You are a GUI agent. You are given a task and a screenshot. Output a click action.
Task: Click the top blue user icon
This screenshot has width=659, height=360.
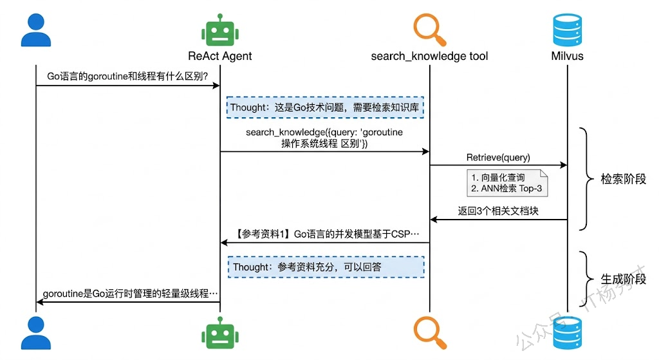35,30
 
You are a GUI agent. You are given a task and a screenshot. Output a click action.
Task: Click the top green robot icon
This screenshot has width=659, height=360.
219,31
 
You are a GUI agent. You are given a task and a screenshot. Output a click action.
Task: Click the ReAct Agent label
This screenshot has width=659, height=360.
219,56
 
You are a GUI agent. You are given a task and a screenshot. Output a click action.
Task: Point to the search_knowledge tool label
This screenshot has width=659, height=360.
429,56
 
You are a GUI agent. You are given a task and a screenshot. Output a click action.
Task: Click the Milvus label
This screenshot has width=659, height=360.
567,56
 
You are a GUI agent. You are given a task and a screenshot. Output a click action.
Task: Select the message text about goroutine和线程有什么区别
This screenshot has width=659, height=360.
127,76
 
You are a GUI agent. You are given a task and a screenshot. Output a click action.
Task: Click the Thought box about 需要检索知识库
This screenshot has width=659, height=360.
325,107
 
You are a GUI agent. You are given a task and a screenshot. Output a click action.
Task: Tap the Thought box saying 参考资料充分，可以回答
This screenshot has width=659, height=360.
325,267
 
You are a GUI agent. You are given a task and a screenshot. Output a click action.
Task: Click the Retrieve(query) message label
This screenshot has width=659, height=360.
497,157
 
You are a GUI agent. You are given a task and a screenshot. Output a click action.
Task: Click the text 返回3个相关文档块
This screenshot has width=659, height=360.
497,211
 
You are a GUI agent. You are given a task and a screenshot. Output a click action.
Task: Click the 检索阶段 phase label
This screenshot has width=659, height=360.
623,179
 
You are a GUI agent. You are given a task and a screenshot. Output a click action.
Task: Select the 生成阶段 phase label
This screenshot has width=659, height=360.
623,279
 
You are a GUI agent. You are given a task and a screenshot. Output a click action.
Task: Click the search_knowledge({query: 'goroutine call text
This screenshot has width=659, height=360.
324,138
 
